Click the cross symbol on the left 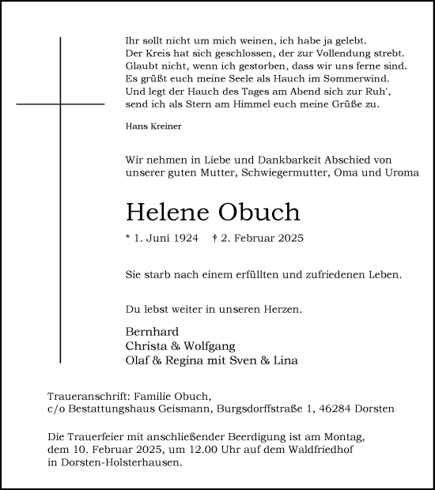[60, 104]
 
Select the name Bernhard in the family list [152, 331]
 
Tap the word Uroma [401, 172]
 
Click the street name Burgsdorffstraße [260, 409]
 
